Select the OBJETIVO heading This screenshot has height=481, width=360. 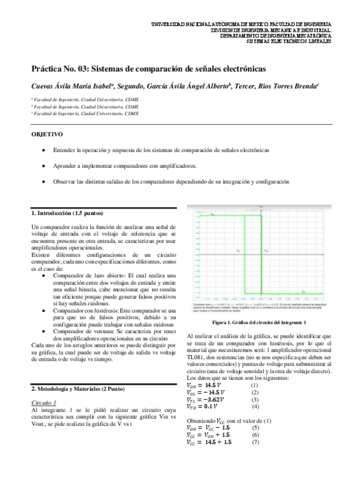[47, 134]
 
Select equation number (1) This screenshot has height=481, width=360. [255, 385]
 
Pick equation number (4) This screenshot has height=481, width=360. [255, 406]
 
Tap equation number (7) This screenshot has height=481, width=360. [255, 442]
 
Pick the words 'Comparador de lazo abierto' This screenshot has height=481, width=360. [88, 276]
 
